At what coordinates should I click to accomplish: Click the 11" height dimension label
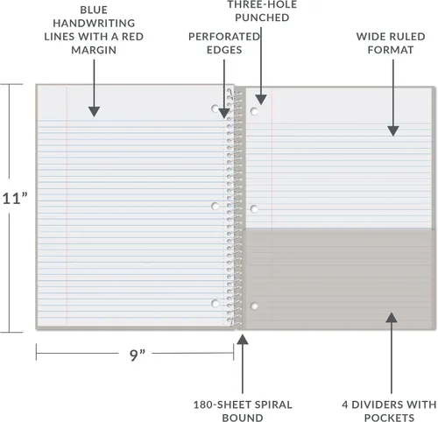coord(15,199)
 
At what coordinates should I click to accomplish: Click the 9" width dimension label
coord(138,355)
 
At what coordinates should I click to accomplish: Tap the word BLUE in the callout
coord(94,10)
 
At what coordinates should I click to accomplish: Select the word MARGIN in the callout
coord(94,50)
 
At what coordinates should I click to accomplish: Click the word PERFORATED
coord(224,37)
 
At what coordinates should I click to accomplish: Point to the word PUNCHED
coord(262,18)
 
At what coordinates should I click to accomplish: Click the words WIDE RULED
coord(391,37)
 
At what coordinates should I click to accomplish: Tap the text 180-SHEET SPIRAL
coord(243,404)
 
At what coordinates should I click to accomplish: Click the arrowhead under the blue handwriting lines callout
coord(94,111)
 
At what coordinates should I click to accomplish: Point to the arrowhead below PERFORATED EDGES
coord(224,113)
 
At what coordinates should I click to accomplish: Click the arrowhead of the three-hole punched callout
coord(261,100)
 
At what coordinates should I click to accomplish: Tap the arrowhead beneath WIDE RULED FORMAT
coord(393,131)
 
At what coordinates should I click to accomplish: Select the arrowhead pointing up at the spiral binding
coord(243,340)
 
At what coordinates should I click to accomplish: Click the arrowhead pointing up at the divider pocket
coord(392,318)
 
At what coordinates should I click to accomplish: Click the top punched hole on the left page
coord(215,109)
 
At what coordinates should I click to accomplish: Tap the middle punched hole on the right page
coord(254,209)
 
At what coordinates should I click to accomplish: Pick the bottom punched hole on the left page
coord(215,304)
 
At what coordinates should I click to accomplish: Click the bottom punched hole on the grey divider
coord(254,306)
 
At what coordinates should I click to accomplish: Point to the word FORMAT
coord(391,50)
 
